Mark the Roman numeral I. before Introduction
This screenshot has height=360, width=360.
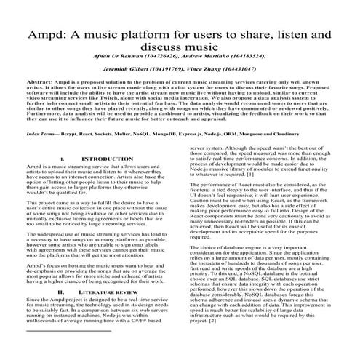(x=64, y=178)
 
